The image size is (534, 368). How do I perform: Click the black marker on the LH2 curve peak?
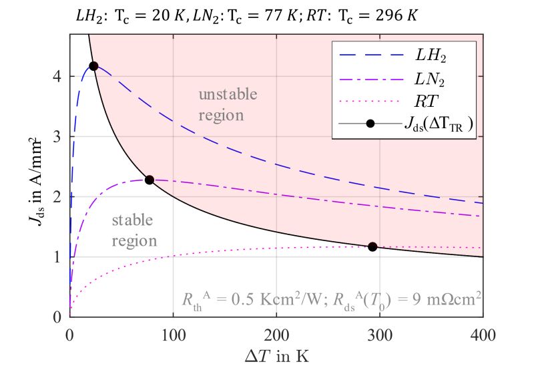[93, 66]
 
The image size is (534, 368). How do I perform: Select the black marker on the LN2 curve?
[150, 180]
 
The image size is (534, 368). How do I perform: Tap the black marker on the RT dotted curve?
[372, 246]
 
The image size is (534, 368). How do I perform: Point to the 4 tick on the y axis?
[58, 76]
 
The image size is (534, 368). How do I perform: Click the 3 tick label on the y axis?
[58, 136]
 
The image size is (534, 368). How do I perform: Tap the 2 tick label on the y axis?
[58, 196]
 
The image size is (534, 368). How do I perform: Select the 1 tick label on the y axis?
[58, 257]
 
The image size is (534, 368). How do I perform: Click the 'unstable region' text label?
[227, 104]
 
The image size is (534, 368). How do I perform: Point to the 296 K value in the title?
[397, 15]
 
